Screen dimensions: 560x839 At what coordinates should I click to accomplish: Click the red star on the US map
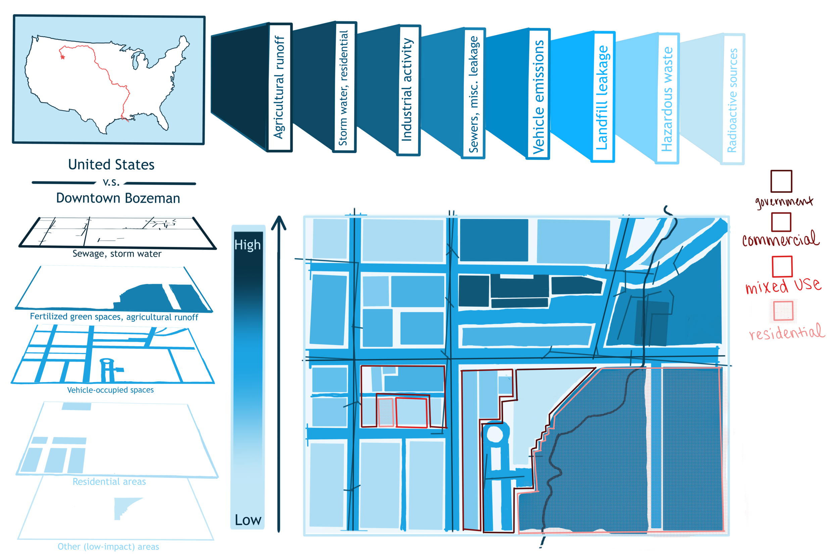63,57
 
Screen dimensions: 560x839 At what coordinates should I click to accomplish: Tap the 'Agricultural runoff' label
279,87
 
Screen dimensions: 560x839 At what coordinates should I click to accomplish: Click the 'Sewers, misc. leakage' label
474,94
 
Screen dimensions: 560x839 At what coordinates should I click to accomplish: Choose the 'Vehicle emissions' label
538,96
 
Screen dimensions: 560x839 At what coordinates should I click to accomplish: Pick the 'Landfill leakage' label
602,97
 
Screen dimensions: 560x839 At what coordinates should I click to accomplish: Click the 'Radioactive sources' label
732,100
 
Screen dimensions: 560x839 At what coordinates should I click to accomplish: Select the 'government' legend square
781,181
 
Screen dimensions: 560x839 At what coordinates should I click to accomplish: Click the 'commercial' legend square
781,222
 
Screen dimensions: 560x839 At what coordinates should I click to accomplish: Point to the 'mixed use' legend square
782,266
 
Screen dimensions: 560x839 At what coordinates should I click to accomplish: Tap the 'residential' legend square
783,311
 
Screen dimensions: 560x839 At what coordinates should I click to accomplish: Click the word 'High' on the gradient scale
248,245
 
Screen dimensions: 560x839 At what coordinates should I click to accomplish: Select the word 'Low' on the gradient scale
248,520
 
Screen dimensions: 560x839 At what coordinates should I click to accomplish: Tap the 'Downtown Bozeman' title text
118,198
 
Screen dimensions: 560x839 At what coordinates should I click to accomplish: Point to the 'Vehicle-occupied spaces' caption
111,390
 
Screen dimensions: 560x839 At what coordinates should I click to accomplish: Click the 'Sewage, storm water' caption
117,254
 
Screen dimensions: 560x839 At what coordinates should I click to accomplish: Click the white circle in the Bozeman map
495,434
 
